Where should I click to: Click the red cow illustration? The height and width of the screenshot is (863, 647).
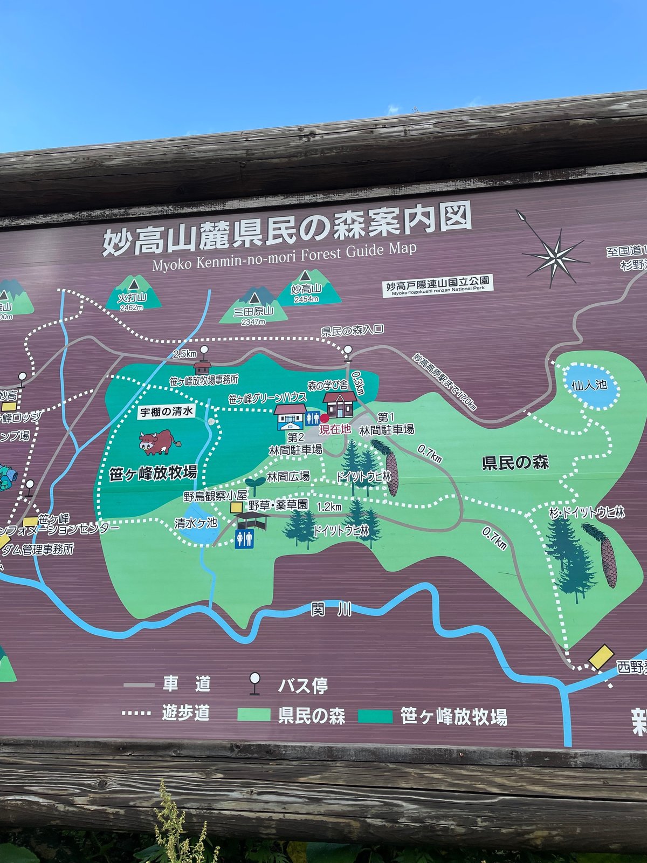[x=159, y=442]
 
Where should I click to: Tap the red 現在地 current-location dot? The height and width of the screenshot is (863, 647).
[x=325, y=418]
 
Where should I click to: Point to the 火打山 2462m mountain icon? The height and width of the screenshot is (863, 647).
[x=133, y=294]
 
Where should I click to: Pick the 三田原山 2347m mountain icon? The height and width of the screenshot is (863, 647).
[x=253, y=306]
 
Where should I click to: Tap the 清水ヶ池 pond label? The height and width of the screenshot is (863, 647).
[x=196, y=523]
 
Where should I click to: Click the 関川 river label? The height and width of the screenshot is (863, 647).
[x=331, y=609]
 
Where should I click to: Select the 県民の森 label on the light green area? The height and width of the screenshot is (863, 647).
[x=515, y=462]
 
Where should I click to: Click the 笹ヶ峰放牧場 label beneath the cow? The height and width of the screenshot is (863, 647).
[x=153, y=474]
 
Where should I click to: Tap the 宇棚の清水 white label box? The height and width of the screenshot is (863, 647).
[x=166, y=412]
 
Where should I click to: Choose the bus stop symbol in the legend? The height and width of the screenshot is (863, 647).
[x=254, y=683]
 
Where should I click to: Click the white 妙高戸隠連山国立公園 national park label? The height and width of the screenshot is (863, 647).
[x=438, y=285]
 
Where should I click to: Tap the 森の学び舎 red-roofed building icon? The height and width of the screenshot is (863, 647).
[x=340, y=404]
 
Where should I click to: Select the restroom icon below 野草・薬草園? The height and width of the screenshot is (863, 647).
[x=244, y=538]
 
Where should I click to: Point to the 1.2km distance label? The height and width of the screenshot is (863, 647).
[x=329, y=506]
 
